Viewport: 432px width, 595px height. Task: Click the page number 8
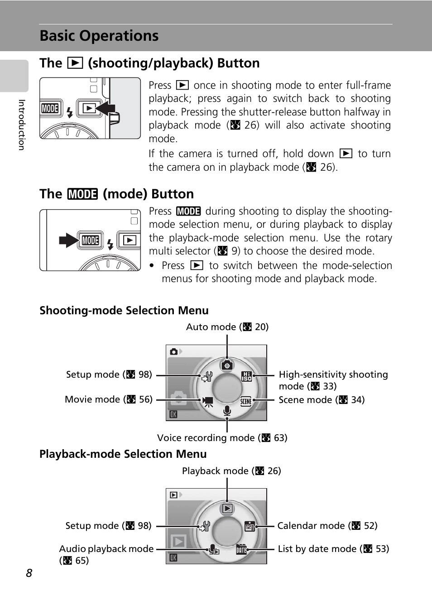(x=29, y=573)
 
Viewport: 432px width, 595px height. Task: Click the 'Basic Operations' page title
(x=99, y=36)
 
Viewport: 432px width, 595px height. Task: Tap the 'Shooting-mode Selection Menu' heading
(x=124, y=311)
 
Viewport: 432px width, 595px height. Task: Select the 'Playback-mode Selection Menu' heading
(x=123, y=454)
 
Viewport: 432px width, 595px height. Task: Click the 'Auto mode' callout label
(x=227, y=327)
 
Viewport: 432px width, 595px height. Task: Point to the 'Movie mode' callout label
(x=109, y=399)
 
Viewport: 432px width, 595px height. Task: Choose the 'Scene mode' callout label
(x=322, y=400)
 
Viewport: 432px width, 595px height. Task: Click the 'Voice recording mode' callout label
(x=222, y=438)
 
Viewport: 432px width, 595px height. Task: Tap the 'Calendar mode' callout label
(x=327, y=526)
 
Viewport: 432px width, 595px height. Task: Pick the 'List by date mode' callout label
(x=333, y=549)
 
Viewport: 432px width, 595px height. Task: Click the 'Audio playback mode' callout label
(x=106, y=549)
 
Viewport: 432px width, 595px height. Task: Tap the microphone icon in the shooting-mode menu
(x=227, y=411)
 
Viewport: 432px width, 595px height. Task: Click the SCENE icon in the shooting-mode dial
(x=246, y=401)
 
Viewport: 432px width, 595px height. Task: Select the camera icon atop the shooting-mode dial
(x=227, y=365)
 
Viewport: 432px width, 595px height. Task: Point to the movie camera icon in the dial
(x=208, y=401)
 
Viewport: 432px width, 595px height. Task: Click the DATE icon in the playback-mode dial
(x=241, y=550)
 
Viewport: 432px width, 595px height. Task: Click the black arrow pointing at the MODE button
(x=68, y=240)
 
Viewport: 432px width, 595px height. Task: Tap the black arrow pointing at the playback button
(x=106, y=109)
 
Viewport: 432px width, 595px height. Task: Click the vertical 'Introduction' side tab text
(x=21, y=125)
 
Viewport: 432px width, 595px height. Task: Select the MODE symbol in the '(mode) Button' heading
(x=82, y=194)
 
